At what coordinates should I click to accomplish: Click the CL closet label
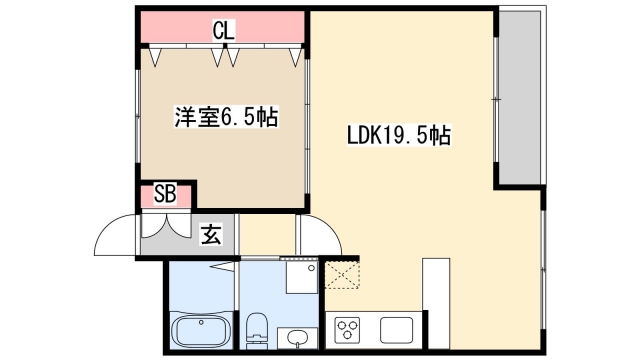tap(222, 30)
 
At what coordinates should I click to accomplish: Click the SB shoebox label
tap(165, 194)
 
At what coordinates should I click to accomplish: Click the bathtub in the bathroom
tap(201, 329)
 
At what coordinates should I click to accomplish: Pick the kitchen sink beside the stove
tap(396, 328)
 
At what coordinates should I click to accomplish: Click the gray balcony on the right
tap(520, 97)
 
